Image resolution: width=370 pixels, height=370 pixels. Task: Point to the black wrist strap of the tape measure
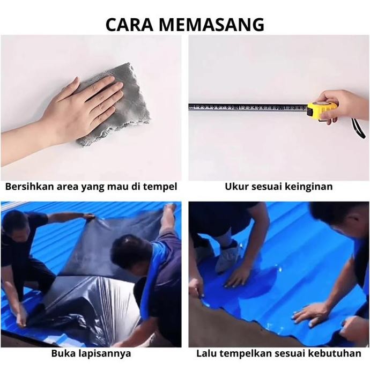click(358, 129)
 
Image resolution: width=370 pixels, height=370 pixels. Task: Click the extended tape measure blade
click(247, 107)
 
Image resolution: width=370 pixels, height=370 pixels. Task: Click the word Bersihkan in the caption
click(27, 187)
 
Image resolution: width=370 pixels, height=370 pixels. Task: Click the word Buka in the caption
click(63, 354)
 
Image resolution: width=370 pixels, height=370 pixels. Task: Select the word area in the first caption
click(63, 187)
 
